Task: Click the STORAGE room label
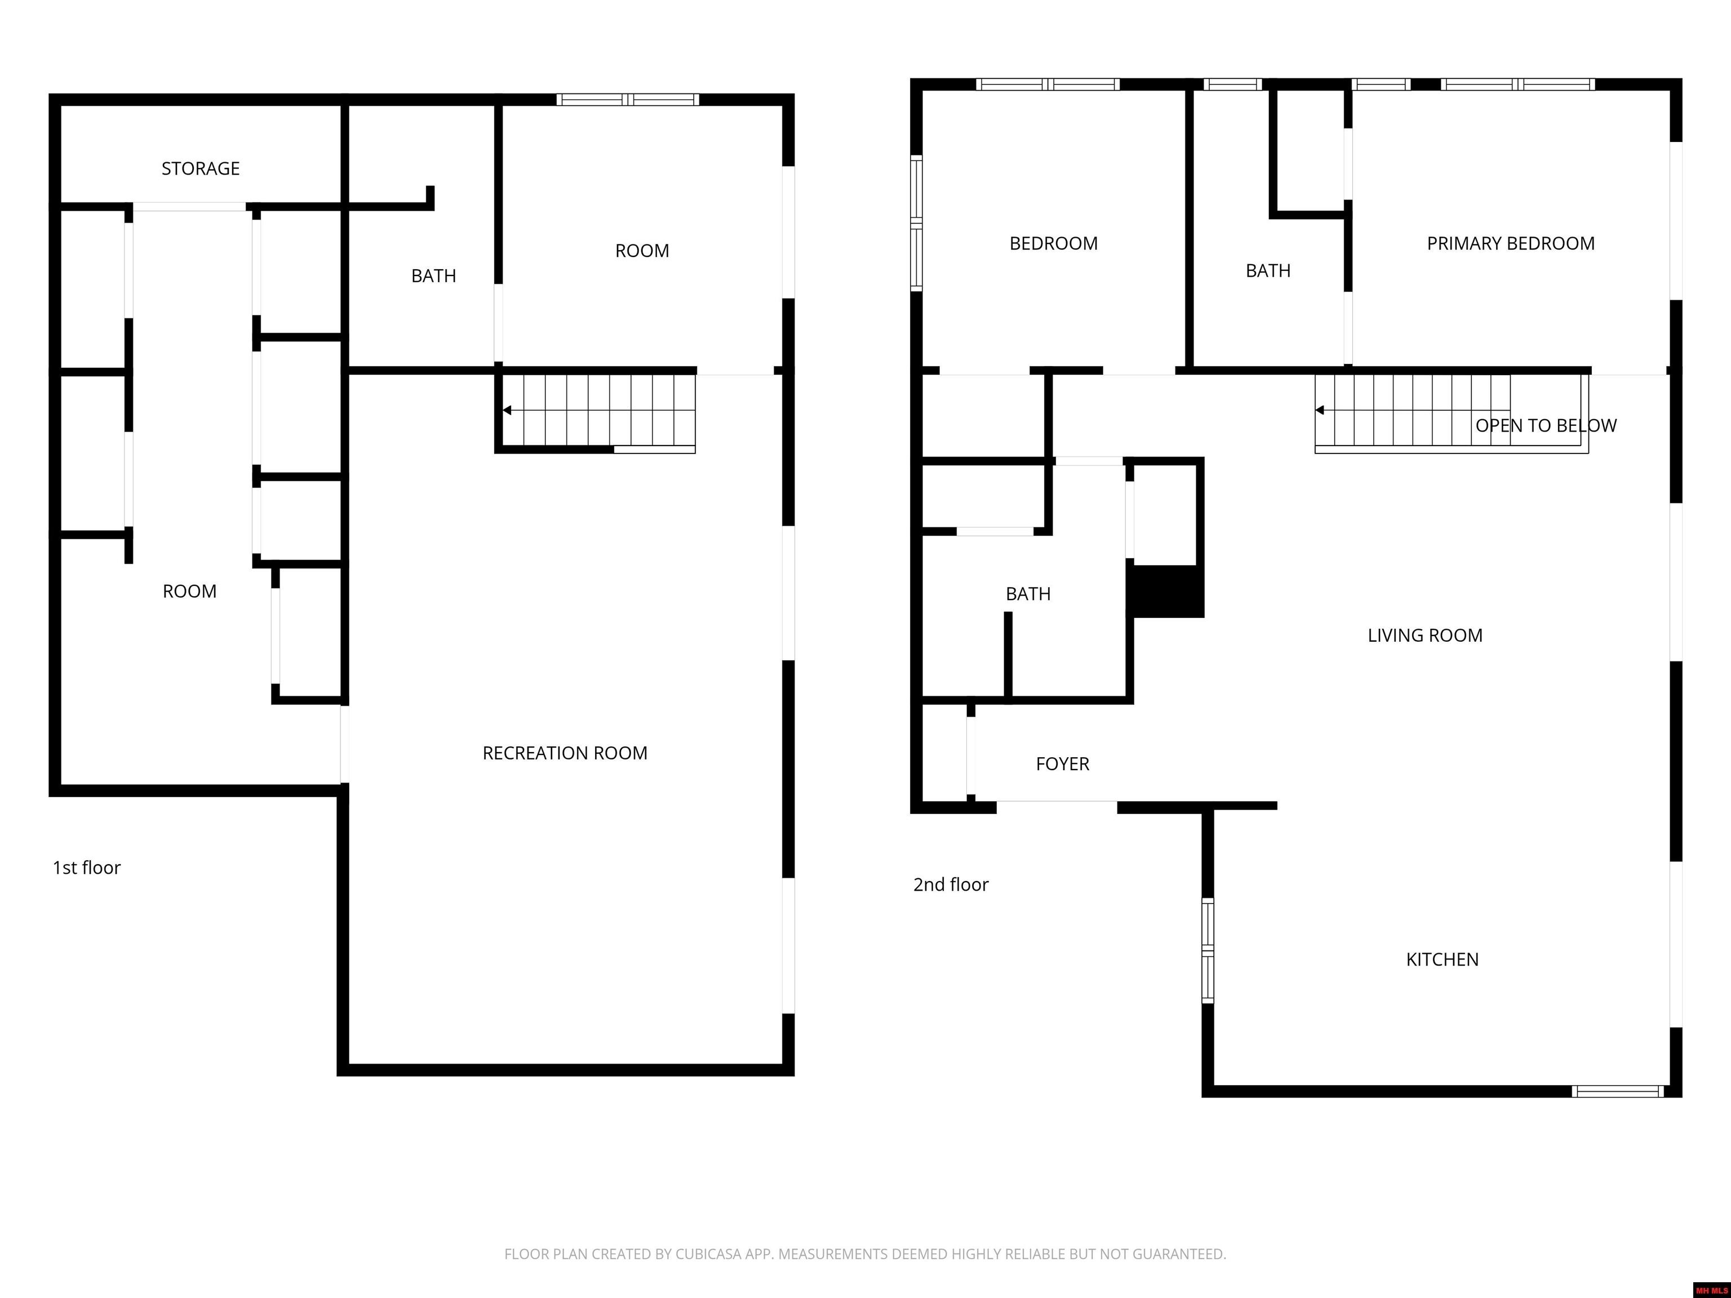(x=201, y=168)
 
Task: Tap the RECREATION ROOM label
(x=564, y=753)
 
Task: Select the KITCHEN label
(x=1441, y=959)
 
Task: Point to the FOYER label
(x=1062, y=763)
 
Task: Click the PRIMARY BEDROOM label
(x=1510, y=243)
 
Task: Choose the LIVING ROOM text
(x=1424, y=635)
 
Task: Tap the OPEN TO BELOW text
(x=1546, y=426)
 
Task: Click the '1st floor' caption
(x=86, y=868)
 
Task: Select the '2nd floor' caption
(x=950, y=884)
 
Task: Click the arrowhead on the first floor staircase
(x=507, y=410)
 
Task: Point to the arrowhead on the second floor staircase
(x=1319, y=410)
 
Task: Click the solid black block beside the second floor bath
(x=1165, y=591)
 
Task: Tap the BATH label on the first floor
(x=433, y=275)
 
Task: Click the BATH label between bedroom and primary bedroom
(x=1268, y=271)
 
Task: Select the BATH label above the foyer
(x=1027, y=594)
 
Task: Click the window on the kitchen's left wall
(x=1208, y=950)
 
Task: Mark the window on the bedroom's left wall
(x=916, y=223)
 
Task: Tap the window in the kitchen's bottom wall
(x=1618, y=1091)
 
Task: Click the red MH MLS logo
(x=1711, y=1290)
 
